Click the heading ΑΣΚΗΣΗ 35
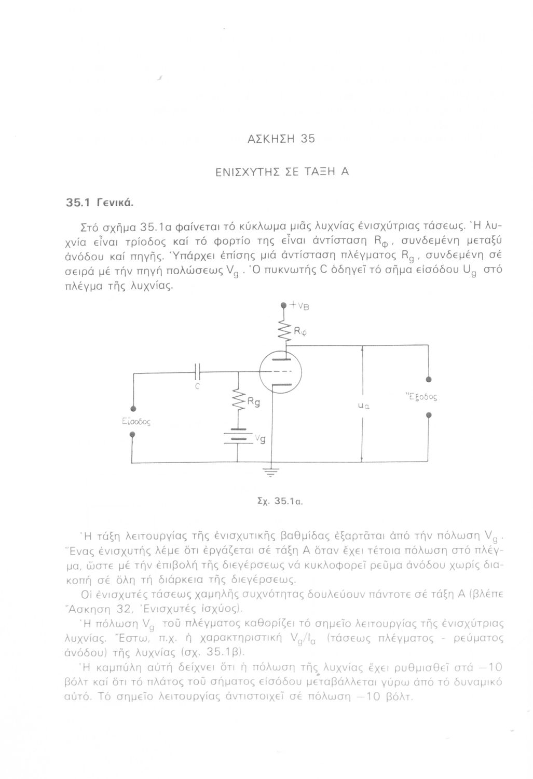281,139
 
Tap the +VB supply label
299,306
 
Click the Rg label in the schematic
254,401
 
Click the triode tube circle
283,372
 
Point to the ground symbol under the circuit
267,471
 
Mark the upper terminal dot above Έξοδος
429,379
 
